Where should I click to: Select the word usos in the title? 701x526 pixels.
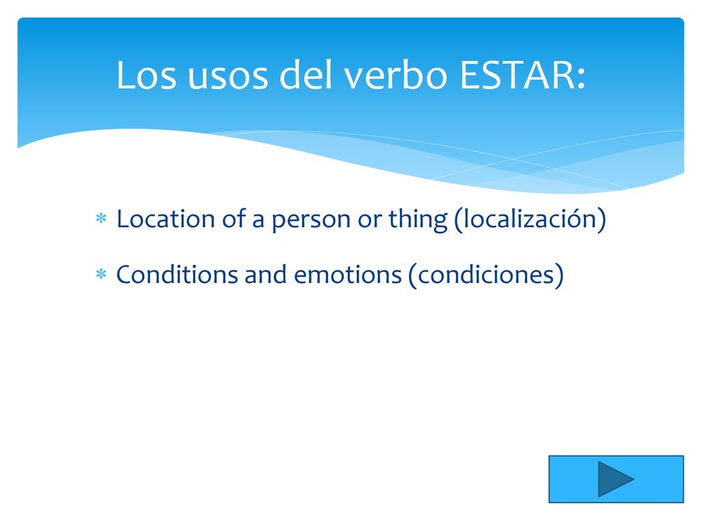pos(227,78)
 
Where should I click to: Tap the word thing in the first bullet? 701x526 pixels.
pos(418,220)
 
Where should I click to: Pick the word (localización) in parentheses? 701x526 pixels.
pos(531,220)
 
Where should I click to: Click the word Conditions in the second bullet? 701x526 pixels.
pos(177,274)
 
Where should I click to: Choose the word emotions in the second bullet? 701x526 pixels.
pos(348,275)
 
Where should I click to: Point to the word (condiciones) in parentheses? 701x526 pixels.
pos(486,275)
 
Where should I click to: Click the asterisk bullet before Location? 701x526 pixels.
pos(101,218)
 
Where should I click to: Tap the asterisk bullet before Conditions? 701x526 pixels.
pos(101,274)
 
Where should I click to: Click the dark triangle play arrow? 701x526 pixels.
pos(613,479)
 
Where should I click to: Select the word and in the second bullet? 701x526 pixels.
pos(266,274)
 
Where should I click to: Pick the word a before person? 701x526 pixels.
pos(258,223)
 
